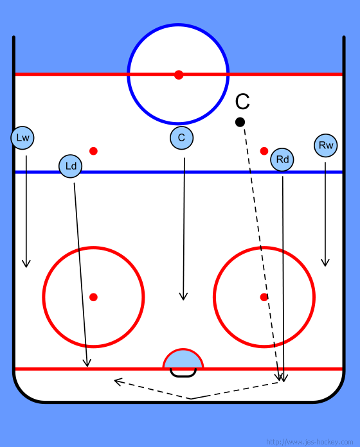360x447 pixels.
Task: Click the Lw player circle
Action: [x=22, y=138]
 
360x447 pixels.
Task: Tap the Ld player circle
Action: [x=71, y=166]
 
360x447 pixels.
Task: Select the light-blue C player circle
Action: [x=181, y=138]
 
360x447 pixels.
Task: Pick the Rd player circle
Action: [x=282, y=160]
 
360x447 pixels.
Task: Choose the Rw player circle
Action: [x=326, y=145]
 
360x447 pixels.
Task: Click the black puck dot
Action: [x=240, y=122]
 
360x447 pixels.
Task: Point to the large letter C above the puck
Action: [x=242, y=101]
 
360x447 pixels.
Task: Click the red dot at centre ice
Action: [x=179, y=74]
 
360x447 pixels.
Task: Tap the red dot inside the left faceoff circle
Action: [x=94, y=297]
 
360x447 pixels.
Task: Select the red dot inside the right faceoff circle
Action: [x=264, y=297]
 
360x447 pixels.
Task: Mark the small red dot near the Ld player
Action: [x=94, y=151]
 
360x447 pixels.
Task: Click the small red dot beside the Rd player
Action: [x=264, y=151]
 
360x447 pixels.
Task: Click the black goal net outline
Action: [x=183, y=376]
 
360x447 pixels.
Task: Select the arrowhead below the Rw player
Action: [x=325, y=263]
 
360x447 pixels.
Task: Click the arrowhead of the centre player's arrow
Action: [x=183, y=296]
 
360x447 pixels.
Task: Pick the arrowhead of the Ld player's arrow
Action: [x=87, y=363]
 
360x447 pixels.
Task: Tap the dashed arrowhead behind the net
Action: [x=118, y=381]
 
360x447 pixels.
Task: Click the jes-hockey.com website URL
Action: [x=309, y=442]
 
